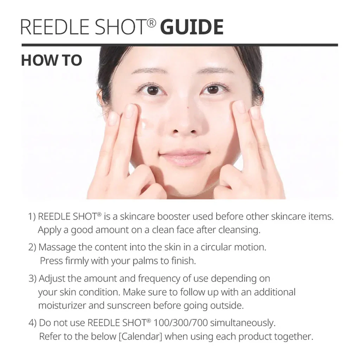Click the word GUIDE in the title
tap(192, 27)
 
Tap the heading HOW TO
tap(51, 60)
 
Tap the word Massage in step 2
tap(57, 247)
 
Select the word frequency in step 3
tap(160, 279)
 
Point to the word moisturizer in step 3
tap(62, 306)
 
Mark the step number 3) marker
tap(33, 279)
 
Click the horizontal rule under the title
tap(179, 45)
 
